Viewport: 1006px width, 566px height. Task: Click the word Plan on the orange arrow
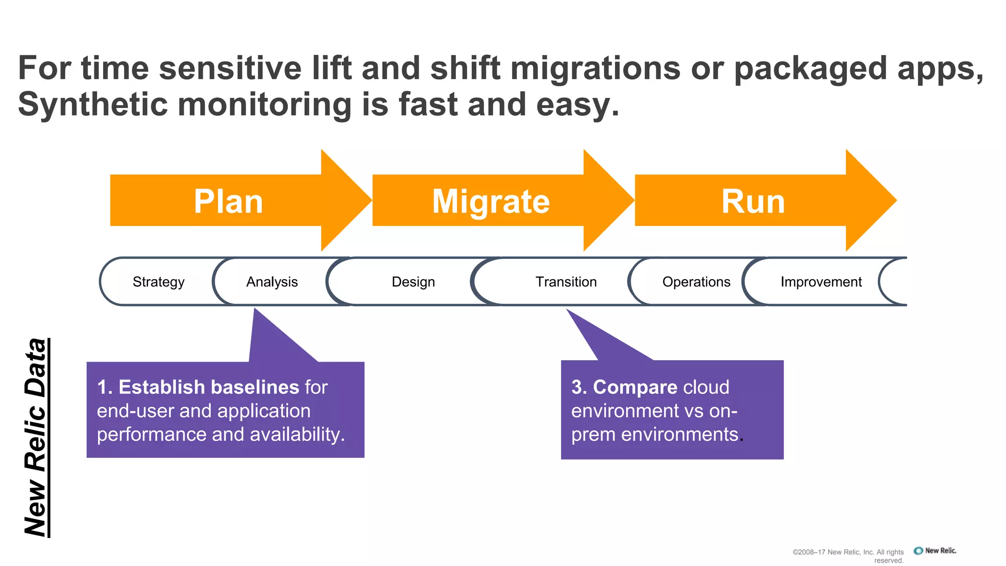(x=228, y=201)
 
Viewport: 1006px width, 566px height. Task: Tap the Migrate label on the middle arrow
(x=491, y=201)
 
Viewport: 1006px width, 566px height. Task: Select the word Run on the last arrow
(x=753, y=201)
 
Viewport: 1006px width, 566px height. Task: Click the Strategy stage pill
(x=158, y=282)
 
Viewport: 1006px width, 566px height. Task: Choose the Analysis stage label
(x=272, y=282)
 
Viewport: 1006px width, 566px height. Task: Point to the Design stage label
(x=413, y=282)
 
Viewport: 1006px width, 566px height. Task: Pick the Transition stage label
(x=566, y=282)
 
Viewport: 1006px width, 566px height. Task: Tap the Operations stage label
(x=696, y=282)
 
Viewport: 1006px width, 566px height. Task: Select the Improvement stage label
(x=821, y=282)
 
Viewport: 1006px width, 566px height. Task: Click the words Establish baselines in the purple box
(x=209, y=387)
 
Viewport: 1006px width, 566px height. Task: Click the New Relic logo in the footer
(x=935, y=551)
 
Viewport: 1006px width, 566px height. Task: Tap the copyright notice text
(x=848, y=556)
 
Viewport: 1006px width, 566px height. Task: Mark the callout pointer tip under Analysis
(x=255, y=311)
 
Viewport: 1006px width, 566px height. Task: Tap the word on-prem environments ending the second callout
(x=654, y=434)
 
